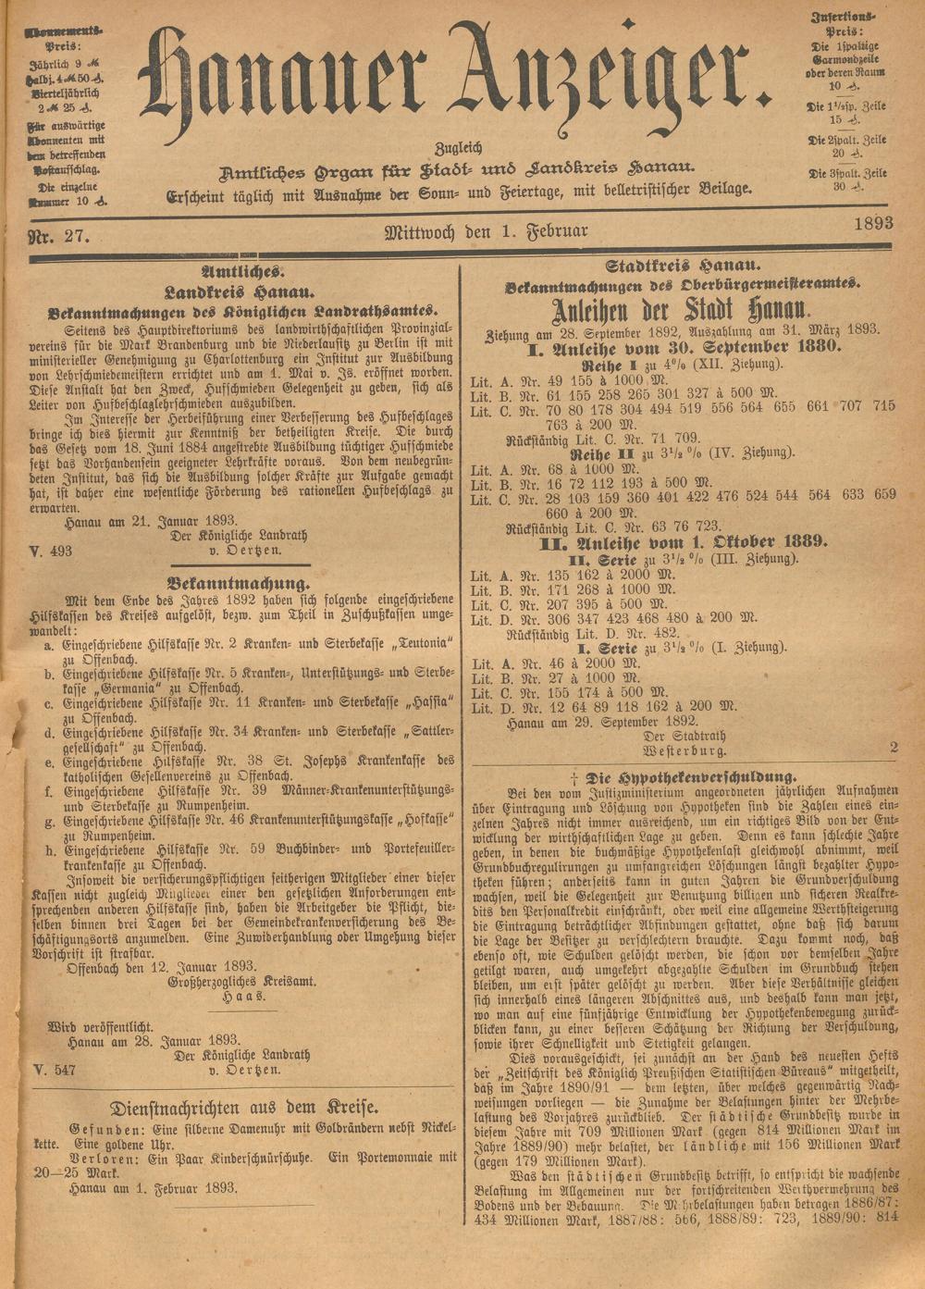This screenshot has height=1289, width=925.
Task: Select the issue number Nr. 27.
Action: [58, 237]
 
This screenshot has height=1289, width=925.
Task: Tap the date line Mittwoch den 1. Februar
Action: [486, 231]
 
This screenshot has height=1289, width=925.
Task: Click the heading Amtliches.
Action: [242, 272]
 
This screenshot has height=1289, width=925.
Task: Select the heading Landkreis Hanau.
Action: [242, 291]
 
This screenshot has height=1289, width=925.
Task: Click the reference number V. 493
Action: [50, 551]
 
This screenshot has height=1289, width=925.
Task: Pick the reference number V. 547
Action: [50, 1070]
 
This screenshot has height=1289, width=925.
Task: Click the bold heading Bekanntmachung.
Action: [239, 584]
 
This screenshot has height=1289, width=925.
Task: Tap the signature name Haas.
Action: [242, 998]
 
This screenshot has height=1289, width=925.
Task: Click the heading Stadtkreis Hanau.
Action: [684, 266]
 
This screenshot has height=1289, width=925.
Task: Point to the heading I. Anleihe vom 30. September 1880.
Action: [683, 347]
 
